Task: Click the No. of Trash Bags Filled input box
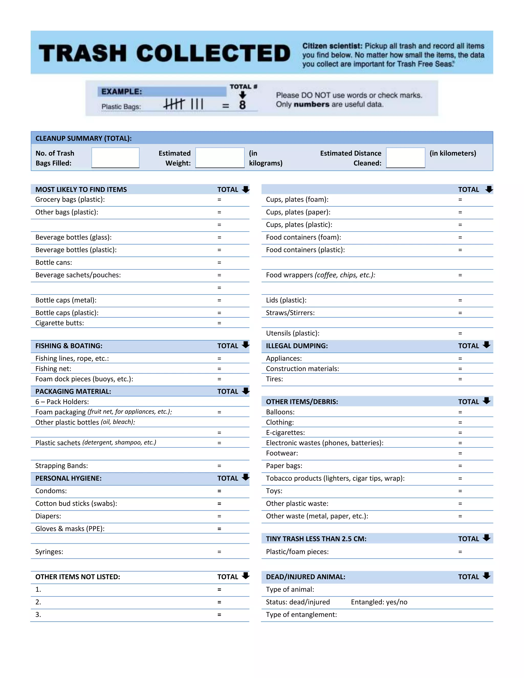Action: (115, 158)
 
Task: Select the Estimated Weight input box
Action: (220, 158)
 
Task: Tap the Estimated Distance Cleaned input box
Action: (406, 158)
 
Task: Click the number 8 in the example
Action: (243, 105)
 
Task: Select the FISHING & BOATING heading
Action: (69, 346)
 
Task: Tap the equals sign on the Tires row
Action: (460, 379)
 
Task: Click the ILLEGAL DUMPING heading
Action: (297, 346)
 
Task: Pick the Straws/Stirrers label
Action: (290, 313)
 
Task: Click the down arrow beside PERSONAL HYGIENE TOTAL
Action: (246, 477)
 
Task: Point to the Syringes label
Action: (49, 552)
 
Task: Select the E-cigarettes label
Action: (285, 432)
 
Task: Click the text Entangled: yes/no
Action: (379, 602)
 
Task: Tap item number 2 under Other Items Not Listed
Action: (38, 602)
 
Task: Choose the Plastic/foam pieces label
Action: (297, 552)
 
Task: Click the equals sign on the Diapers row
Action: (219, 516)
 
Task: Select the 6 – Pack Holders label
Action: (62, 402)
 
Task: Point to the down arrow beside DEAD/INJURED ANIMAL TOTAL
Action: (486, 576)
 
